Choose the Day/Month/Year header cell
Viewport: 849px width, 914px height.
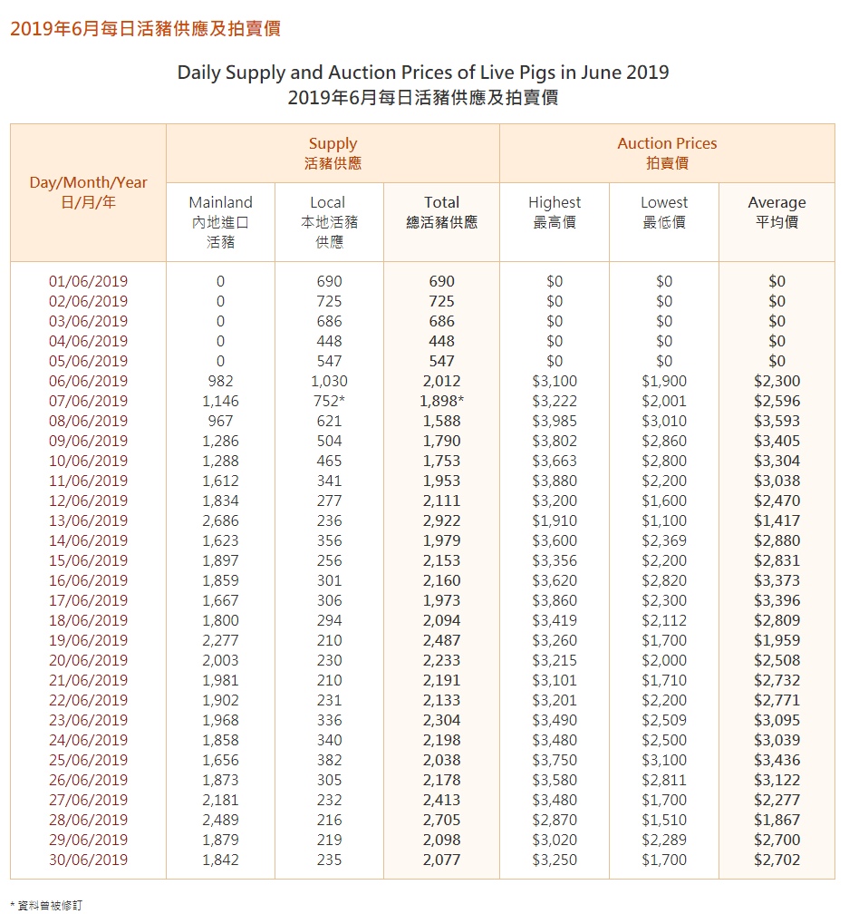click(88, 192)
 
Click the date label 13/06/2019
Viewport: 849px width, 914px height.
click(88, 520)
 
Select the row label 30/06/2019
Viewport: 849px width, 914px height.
click(88, 860)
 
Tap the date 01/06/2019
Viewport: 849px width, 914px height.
click(88, 281)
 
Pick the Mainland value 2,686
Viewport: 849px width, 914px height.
click(220, 520)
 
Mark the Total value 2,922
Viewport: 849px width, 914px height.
click(441, 520)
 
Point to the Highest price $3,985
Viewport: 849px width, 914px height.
click(555, 421)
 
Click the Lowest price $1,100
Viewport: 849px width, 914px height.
click(664, 520)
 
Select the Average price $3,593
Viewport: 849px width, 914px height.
click(777, 421)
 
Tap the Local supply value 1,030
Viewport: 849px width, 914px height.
click(328, 381)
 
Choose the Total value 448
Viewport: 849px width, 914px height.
click(441, 341)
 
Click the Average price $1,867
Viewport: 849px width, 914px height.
click(777, 820)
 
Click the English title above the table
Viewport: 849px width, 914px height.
click(423, 73)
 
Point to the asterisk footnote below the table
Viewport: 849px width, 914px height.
click(46, 904)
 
